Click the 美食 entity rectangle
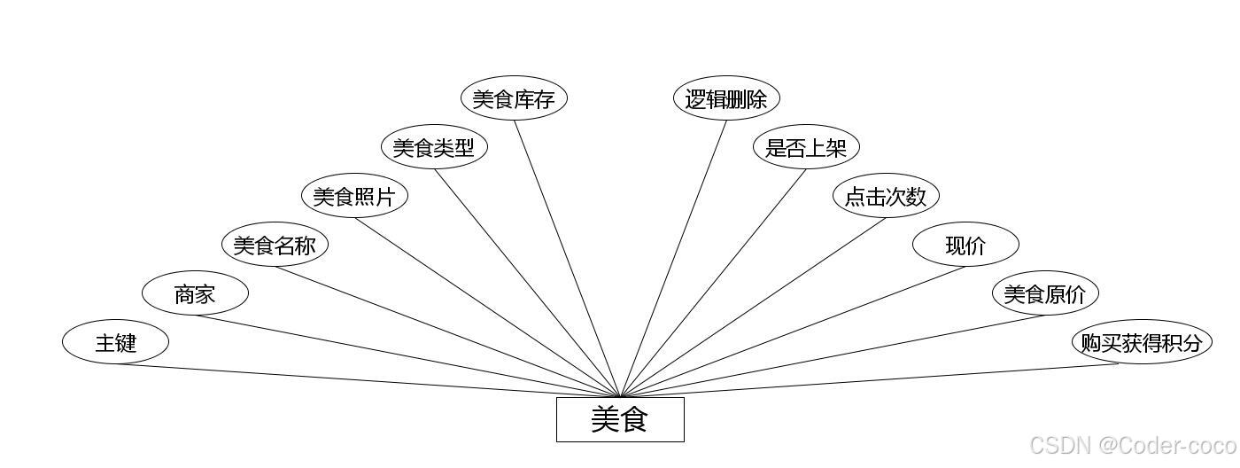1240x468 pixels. pyautogui.click(x=620, y=419)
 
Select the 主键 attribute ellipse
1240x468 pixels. pyautogui.click(x=115, y=342)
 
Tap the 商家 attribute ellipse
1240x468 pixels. pyautogui.click(x=195, y=293)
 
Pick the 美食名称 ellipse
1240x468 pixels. pyautogui.click(x=275, y=245)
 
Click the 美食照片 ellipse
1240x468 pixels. pyautogui.click(x=354, y=196)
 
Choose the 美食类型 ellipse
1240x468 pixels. pyautogui.click(x=434, y=147)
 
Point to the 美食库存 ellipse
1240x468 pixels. pyautogui.click(x=514, y=98)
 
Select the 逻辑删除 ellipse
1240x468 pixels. pyautogui.click(x=726, y=98)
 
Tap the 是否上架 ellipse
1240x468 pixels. pyautogui.click(x=806, y=147)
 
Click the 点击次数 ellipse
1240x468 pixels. pyautogui.click(x=886, y=196)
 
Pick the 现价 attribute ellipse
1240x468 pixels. pyautogui.click(x=965, y=245)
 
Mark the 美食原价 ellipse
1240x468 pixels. pyautogui.click(x=1045, y=293)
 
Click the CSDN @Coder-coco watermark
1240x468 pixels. pyautogui.click(x=1133, y=445)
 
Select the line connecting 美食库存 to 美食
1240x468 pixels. pyautogui.click(x=567, y=258)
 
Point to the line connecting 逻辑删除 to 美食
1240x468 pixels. pyautogui.click(x=673, y=258)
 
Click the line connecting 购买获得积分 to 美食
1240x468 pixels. pyautogui.click(x=868, y=381)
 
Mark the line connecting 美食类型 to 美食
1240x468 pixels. pyautogui.click(x=527, y=283)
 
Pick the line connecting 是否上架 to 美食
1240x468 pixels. pyautogui.click(x=713, y=283)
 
